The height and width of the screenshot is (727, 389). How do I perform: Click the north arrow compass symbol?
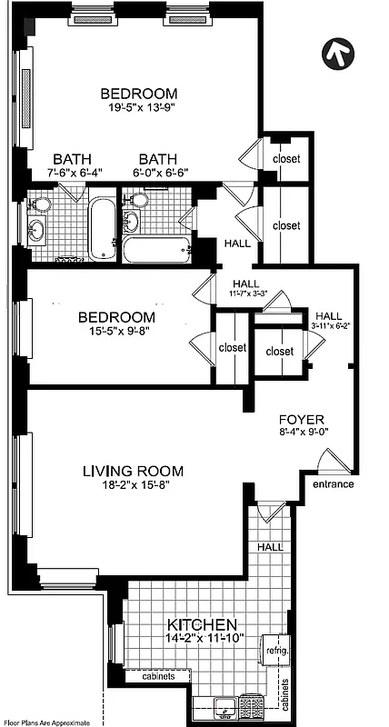(x=337, y=55)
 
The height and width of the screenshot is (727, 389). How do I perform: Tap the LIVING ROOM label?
(x=133, y=471)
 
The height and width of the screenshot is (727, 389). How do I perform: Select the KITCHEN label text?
(x=202, y=625)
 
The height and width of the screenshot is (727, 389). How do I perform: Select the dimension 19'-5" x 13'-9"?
(x=138, y=109)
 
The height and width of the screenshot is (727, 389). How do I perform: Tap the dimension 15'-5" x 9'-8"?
(x=115, y=333)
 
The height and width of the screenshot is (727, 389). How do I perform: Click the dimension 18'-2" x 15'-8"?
(x=133, y=485)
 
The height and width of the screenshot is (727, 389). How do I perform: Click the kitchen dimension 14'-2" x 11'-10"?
(x=202, y=640)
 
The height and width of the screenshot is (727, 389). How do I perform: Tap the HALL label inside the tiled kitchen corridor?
(x=270, y=548)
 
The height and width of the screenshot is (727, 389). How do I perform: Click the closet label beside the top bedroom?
(x=285, y=160)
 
